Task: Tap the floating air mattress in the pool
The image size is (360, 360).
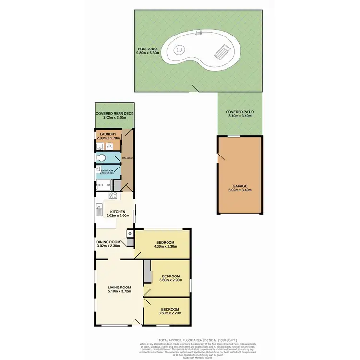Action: click(221, 49)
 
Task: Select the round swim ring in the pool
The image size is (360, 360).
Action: click(179, 49)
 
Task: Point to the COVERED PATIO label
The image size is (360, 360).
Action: click(240, 111)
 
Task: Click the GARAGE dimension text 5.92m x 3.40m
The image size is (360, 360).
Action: click(240, 190)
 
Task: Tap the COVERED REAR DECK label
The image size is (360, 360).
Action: click(114, 113)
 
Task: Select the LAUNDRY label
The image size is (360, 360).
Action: click(108, 134)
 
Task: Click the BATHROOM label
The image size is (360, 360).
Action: click(107, 170)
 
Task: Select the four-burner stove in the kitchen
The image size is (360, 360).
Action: click(113, 195)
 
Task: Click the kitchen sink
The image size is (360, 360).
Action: click(99, 209)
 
